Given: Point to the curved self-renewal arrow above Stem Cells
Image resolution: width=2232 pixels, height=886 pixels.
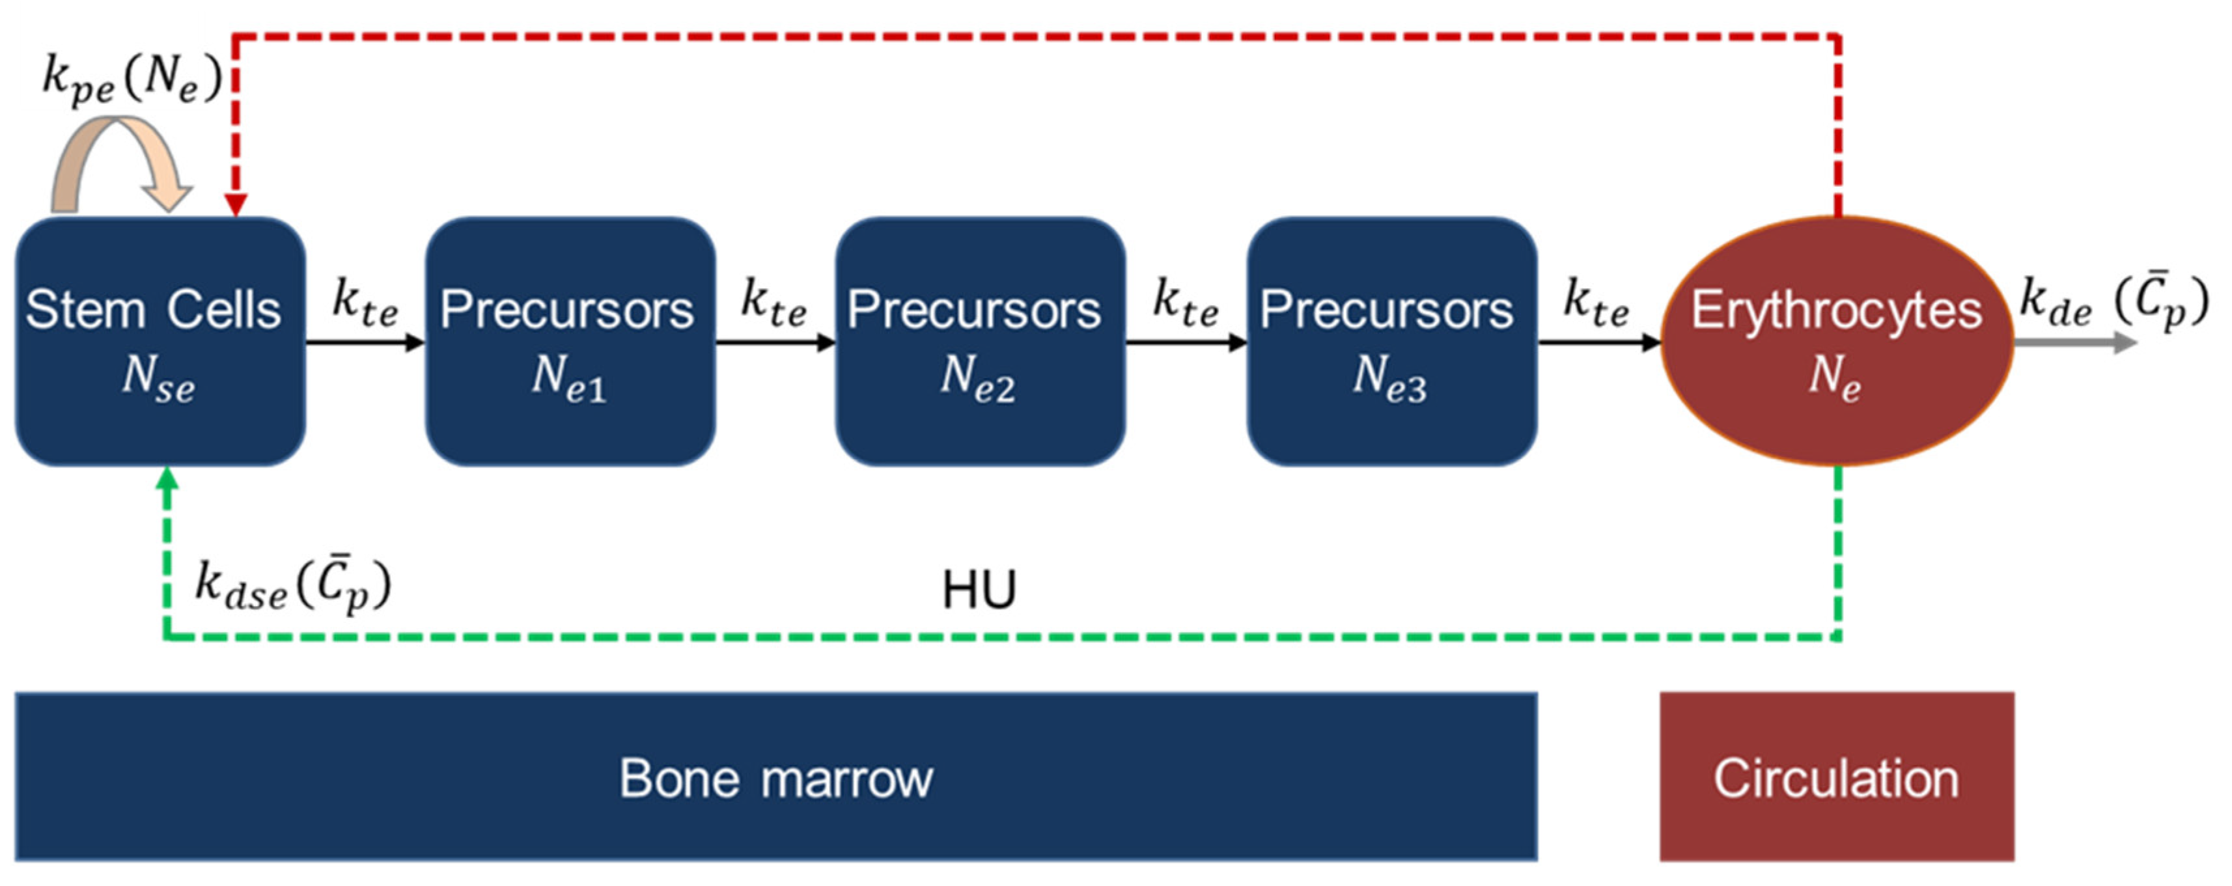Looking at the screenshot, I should pyautogui.click(x=117, y=160).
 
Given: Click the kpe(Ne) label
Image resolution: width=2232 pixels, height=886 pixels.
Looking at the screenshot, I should pyautogui.click(x=132, y=79).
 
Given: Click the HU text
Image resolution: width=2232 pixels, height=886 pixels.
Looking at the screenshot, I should pyautogui.click(x=979, y=590).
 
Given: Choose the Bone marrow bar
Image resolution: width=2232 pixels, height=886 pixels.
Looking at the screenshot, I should pyautogui.click(x=775, y=777).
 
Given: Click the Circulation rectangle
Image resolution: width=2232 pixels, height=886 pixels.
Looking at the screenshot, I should pyautogui.click(x=1836, y=777).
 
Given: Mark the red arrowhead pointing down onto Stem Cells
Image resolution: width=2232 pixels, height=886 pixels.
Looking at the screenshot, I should pyautogui.click(x=236, y=204).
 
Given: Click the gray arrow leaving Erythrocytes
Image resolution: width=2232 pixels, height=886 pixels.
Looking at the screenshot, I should pyautogui.click(x=2075, y=343).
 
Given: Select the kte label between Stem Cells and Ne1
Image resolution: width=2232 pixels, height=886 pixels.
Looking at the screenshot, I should pyautogui.click(x=365, y=303).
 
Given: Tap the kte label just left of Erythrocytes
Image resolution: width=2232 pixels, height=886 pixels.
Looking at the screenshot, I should pyautogui.click(x=1595, y=303).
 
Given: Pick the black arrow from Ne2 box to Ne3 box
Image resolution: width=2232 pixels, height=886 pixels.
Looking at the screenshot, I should pyautogui.click(x=1185, y=343).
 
